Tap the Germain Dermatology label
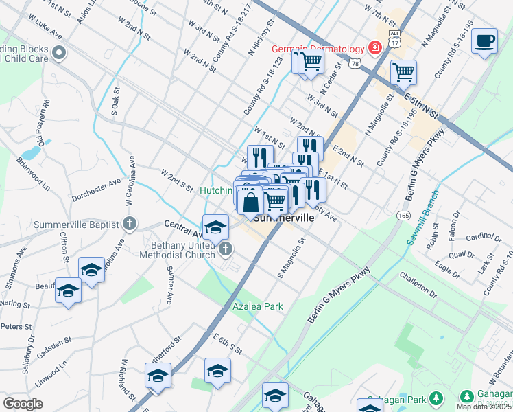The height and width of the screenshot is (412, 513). pos(317,48)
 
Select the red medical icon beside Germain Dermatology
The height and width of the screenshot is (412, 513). pos(374,47)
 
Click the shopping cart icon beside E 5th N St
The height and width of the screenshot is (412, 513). pos(403,71)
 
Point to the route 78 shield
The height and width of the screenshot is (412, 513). pos(354,63)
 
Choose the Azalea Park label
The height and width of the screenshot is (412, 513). pos(257,306)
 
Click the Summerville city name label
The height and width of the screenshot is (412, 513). pos(284,218)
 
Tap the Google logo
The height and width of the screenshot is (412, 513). pos(23,404)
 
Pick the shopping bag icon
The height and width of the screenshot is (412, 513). pos(252,202)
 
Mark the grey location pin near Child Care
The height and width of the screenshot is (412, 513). pos(60,52)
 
